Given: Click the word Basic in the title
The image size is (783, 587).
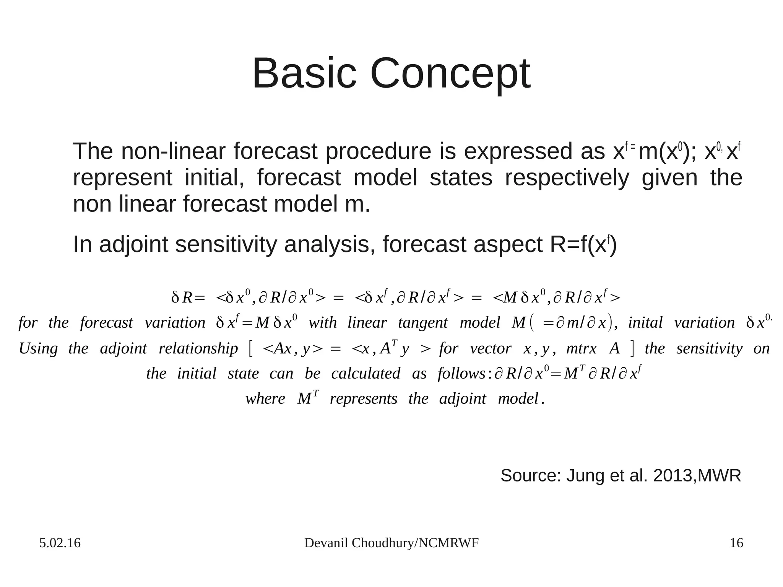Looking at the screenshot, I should click(304, 73).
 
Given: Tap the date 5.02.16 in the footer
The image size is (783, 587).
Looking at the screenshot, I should click(60, 543).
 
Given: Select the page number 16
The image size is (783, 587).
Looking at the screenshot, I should click(736, 543).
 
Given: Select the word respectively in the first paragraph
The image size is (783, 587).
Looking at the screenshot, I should click(567, 178).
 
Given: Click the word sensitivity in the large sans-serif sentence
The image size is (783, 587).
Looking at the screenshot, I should click(226, 245).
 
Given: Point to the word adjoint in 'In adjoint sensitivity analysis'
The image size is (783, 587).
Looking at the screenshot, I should click(133, 245).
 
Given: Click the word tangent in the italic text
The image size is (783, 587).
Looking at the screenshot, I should click(422, 323).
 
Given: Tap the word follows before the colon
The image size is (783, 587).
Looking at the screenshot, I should click(461, 373).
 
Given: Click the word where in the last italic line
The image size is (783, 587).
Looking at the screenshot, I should click(265, 399).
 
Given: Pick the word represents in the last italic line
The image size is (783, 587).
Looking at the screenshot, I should click(363, 399).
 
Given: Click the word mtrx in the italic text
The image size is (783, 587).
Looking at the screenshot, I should click(581, 348).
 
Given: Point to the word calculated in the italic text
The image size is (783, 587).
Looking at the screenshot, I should click(366, 373).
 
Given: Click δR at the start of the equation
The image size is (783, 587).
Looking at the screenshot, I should click(182, 298).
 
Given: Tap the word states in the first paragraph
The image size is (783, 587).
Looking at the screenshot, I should click(461, 178).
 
